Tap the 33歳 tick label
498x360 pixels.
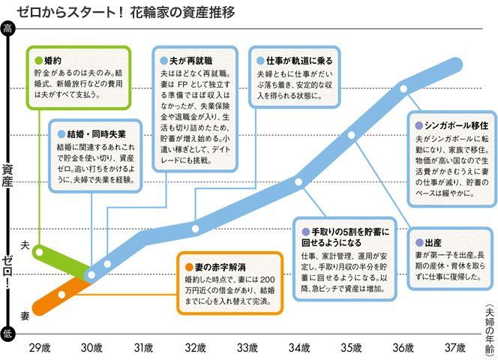247,347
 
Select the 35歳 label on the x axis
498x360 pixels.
351,347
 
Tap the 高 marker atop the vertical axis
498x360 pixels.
7,29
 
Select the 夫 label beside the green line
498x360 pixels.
25,245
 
